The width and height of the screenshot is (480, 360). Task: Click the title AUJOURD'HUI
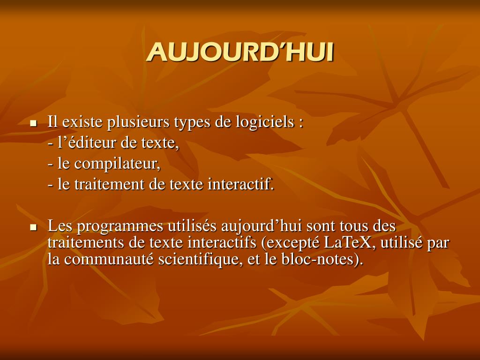point(240,52)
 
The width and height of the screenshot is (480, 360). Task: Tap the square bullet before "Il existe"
point(33,124)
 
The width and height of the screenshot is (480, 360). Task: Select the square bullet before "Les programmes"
point(33,228)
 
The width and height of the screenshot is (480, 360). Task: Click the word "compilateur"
point(117,164)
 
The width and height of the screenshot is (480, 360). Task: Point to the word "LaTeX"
point(347,243)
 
